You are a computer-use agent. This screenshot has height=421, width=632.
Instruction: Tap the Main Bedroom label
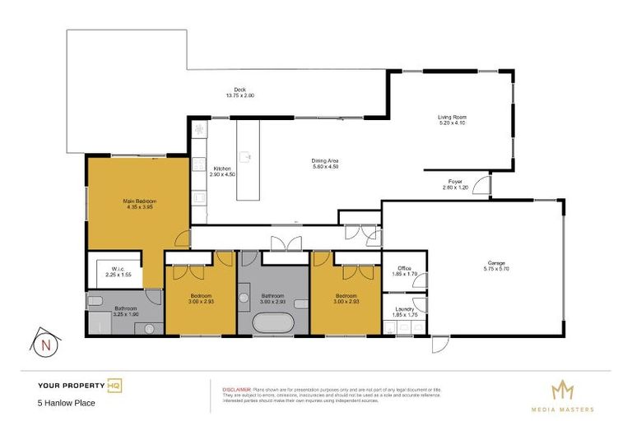[x=140, y=201]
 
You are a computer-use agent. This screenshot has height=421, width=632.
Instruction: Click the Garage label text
[x=496, y=262]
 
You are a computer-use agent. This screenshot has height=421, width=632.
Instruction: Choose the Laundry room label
[x=404, y=309]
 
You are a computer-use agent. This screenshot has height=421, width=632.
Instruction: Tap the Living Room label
[x=452, y=118]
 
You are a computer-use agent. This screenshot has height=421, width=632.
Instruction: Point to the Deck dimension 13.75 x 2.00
[x=240, y=96]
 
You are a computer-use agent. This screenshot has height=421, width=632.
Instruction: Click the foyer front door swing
[x=483, y=187]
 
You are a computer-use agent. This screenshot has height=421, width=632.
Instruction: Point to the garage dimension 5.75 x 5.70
[x=496, y=269]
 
